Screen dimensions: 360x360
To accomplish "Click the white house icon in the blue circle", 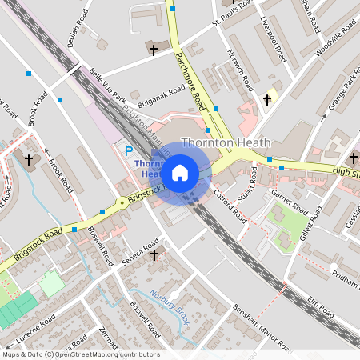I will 180,172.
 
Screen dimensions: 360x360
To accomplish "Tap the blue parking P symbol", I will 127,150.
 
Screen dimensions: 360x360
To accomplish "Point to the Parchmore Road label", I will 188,77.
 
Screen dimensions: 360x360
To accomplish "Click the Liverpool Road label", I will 274,44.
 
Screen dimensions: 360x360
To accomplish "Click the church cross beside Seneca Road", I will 154,254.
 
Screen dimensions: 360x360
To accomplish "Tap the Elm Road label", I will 320,308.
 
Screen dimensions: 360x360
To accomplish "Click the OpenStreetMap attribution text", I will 80,354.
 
